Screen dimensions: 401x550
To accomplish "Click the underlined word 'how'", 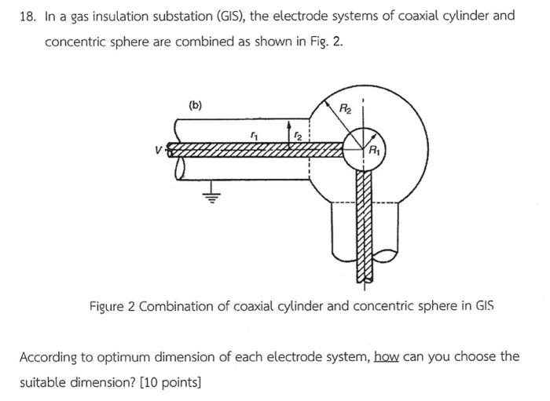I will coord(387,356).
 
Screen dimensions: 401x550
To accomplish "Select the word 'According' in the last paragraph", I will coord(49,357).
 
